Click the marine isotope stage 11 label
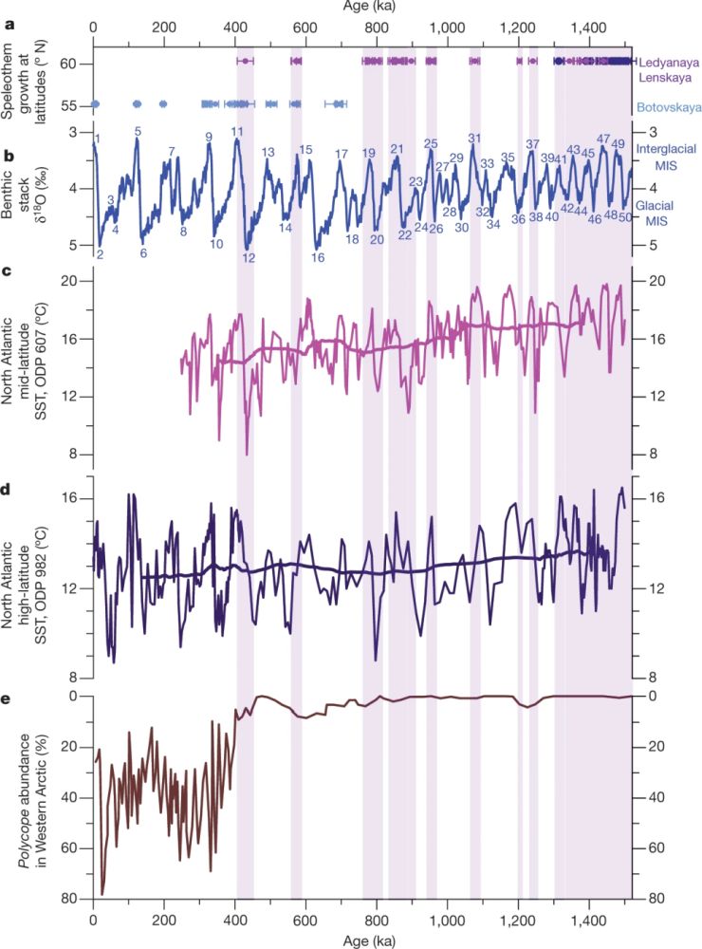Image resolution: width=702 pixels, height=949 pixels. click(x=237, y=132)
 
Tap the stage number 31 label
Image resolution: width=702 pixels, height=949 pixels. click(x=474, y=139)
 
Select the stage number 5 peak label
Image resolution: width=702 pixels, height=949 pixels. click(x=139, y=132)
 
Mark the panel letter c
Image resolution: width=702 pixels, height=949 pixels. click(x=7, y=272)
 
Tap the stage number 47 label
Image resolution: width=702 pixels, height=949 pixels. click(x=603, y=140)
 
